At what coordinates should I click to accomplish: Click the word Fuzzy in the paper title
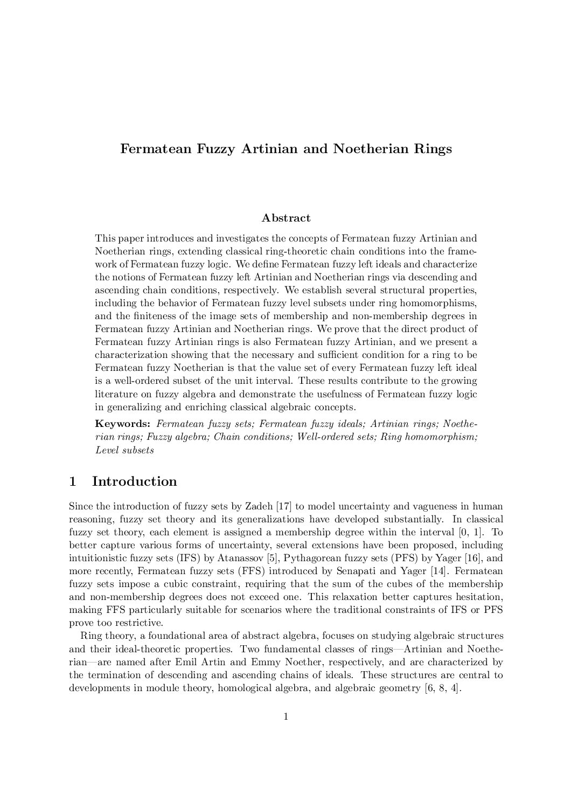point(215,149)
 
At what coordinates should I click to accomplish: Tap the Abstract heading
point(286,218)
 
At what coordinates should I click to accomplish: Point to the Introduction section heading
point(134,481)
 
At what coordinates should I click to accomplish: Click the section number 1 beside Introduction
point(73,481)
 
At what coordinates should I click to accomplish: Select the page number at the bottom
point(286,716)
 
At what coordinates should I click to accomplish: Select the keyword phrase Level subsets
point(124,450)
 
